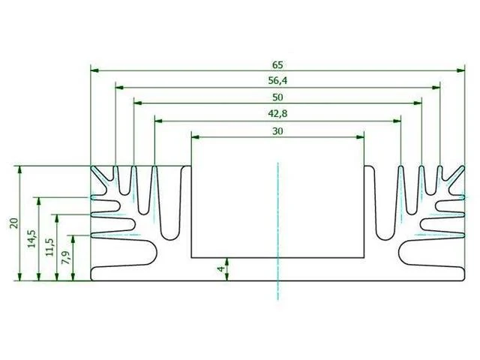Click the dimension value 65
(277, 65)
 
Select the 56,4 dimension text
(277, 81)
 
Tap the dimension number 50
(277, 97)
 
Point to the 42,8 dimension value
(277, 114)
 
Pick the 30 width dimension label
(277, 131)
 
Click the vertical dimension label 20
(14, 223)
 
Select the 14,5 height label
(31, 238)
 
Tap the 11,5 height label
(50, 247)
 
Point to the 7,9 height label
(67, 257)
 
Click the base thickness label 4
(220, 269)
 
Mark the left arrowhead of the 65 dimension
(95, 70)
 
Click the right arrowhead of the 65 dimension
(460, 70)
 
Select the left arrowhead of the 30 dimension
(195, 136)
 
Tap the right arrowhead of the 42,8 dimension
(397, 121)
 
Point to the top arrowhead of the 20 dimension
(20, 170)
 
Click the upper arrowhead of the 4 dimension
(226, 262)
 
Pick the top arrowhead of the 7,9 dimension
(73, 239)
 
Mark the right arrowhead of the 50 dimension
(418, 103)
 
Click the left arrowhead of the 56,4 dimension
(120, 88)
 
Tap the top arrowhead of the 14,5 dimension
(38, 202)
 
